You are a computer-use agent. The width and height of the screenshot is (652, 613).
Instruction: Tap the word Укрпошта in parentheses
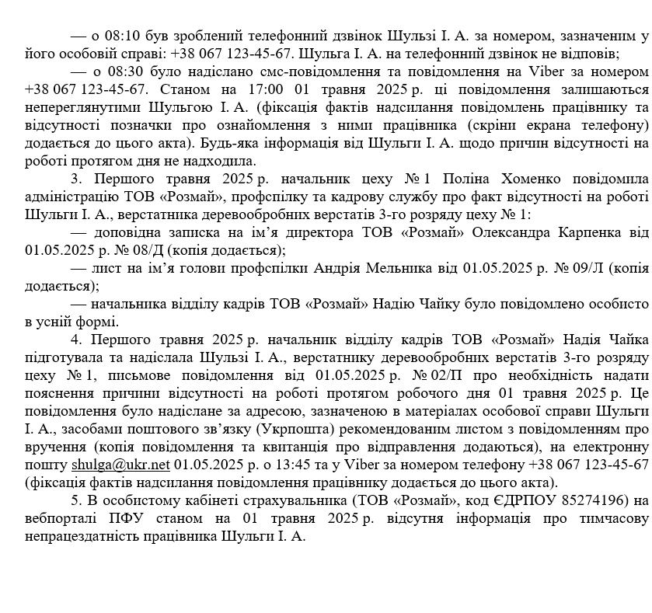(x=359, y=430)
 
